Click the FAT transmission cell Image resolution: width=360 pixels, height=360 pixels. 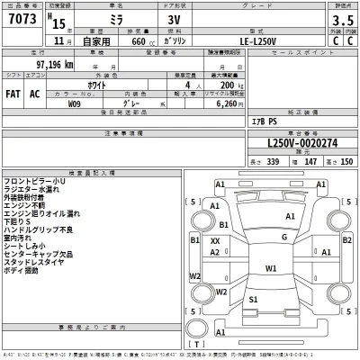click(x=14, y=93)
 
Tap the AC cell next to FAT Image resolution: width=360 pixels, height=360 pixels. click(x=36, y=93)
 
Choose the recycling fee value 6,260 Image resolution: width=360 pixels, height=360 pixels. click(x=235, y=103)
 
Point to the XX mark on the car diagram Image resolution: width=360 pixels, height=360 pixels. click(x=214, y=241)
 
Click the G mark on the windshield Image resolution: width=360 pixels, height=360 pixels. click(x=283, y=238)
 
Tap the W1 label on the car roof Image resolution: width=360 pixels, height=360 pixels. click(x=271, y=268)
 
